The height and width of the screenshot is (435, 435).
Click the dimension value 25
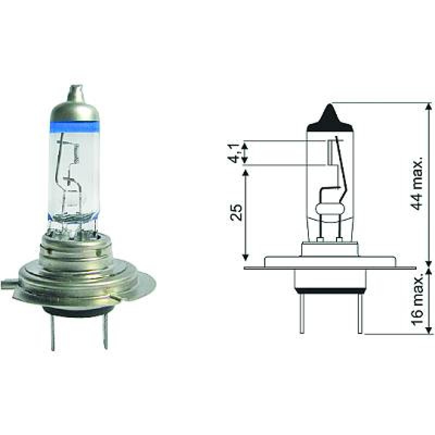(235, 212)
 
